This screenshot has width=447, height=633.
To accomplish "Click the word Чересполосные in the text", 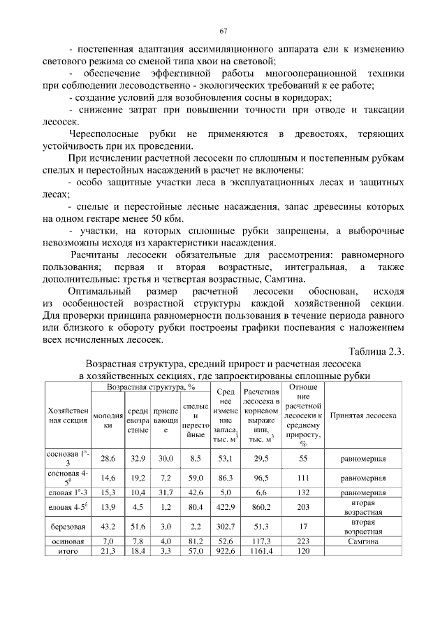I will click(104, 134).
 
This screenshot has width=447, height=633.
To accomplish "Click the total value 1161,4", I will click(263, 551).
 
